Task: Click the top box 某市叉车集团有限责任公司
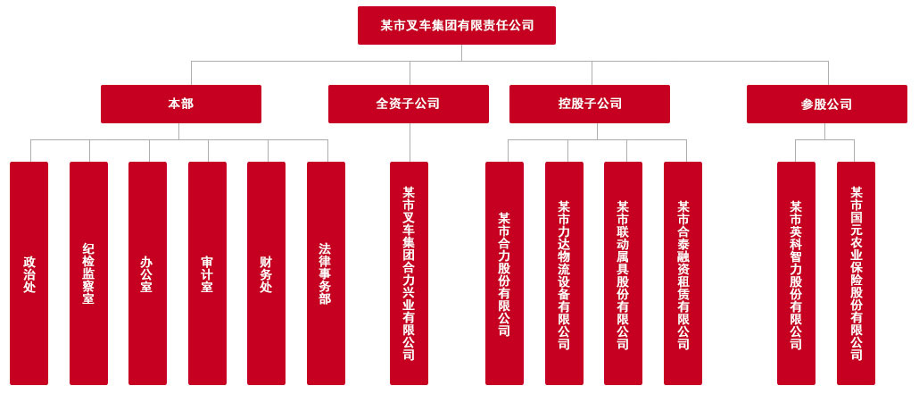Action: coord(456,25)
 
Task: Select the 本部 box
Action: coord(180,104)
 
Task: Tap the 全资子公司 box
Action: coord(408,104)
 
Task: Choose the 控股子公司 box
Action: coord(589,104)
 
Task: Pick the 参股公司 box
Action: coord(826,104)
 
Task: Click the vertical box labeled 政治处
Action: coord(29,273)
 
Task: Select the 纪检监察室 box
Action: coord(88,273)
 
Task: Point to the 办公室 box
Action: coord(147,273)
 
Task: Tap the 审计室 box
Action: coord(207,273)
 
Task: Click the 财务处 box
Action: coord(266,273)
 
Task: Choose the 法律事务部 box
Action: coord(326,273)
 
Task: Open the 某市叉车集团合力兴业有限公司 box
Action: coord(409,273)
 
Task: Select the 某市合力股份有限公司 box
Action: coord(504,273)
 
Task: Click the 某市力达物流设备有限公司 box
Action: coord(564,273)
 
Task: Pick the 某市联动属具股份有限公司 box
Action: coord(623,273)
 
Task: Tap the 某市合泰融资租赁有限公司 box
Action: coord(683,273)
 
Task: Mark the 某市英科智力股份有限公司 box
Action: coord(796,273)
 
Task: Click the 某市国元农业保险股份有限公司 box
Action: coord(856,273)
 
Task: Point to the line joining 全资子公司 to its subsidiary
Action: coord(410,142)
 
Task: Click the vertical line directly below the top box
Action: coord(461,53)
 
